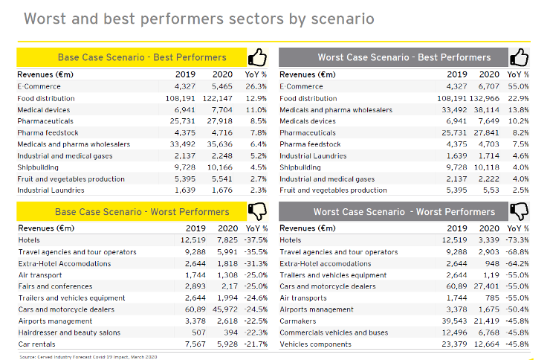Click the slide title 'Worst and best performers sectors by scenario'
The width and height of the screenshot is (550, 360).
pyautogui.click(x=199, y=18)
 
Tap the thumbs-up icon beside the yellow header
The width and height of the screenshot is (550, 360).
pyautogui.click(x=257, y=57)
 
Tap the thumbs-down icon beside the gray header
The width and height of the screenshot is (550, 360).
pyautogui.click(x=520, y=212)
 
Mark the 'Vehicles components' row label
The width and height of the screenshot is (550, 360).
pyautogui.click(x=315, y=344)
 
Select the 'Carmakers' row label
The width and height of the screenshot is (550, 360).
pyautogui.click(x=297, y=321)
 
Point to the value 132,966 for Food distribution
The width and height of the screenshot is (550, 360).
pyautogui.click(x=484, y=98)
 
